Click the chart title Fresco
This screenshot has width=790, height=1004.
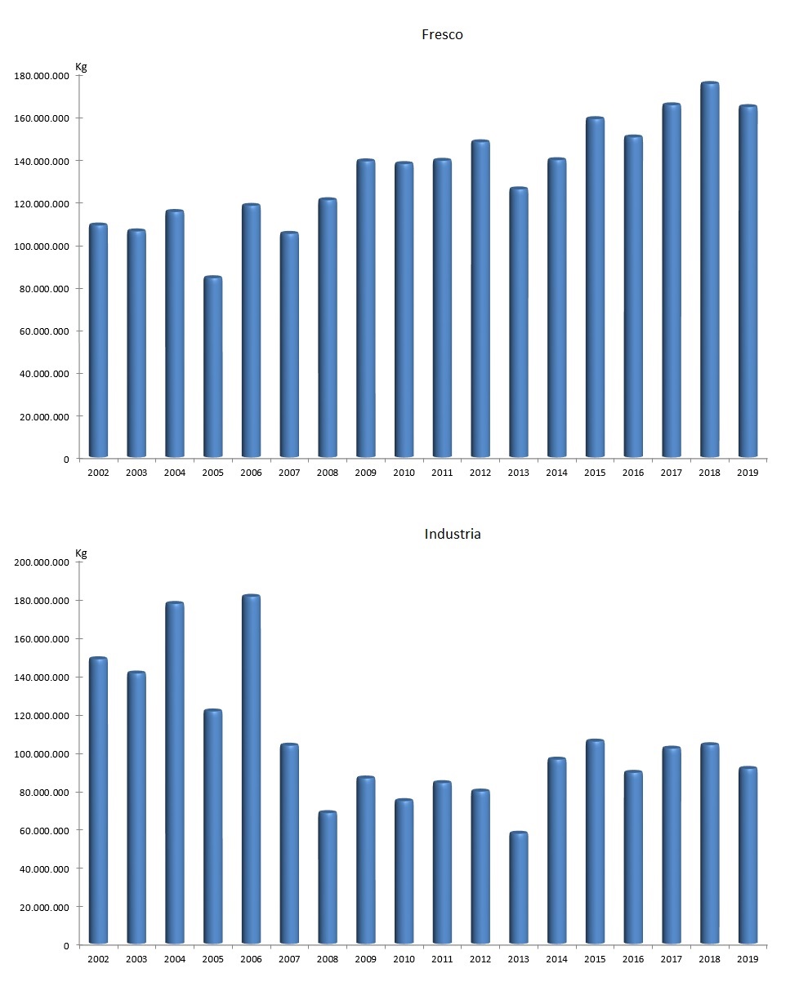point(442,34)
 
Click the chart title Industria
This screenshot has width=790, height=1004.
point(453,534)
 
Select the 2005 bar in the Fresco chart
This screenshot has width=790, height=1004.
point(212,367)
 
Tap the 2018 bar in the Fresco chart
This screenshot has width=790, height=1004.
point(710,269)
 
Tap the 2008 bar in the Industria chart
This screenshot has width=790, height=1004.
point(328,877)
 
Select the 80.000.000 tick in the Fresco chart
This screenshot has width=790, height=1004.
point(43,289)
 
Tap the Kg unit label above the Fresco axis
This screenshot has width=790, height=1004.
point(81,66)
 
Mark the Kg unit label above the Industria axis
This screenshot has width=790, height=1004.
point(81,553)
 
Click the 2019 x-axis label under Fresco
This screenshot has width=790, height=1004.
point(748,473)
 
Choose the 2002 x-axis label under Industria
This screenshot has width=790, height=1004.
point(98,959)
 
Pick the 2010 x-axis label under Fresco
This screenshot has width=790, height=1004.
point(404,473)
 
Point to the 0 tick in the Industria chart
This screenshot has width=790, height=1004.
point(66,945)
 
